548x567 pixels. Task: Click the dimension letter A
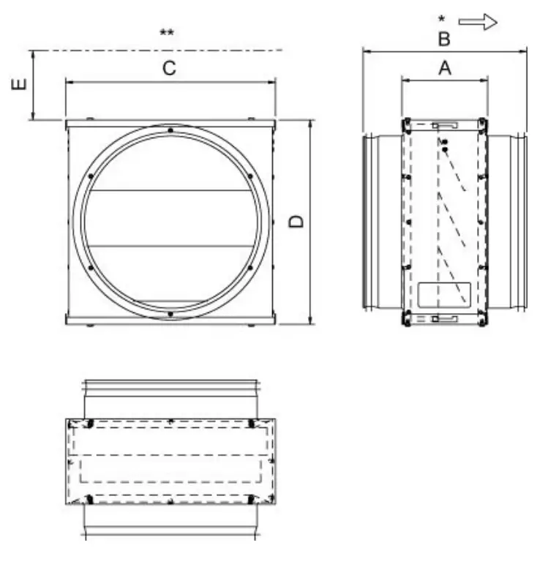(444, 68)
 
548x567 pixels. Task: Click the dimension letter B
(444, 39)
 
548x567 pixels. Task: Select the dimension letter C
(169, 69)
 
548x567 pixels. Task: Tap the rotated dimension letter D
(296, 222)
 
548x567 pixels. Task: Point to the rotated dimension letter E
(21, 86)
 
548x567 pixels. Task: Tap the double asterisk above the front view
(167, 34)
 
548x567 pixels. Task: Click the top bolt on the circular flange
(170, 131)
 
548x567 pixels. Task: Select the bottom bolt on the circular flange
(170, 315)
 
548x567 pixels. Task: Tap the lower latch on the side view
(444, 318)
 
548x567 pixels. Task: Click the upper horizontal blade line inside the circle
(170, 192)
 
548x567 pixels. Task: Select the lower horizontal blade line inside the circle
(170, 244)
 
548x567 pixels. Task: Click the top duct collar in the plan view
(170, 398)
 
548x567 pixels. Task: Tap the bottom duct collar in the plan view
(170, 521)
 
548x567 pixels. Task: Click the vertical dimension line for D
(312, 222)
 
